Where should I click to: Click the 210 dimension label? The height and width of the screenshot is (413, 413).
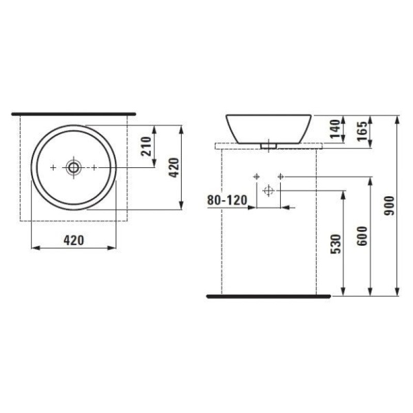click(x=146, y=147)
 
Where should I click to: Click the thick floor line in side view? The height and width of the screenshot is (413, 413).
click(x=268, y=297)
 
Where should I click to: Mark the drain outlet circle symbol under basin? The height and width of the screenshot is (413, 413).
click(x=267, y=190)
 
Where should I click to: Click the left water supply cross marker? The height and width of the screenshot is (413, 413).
click(x=256, y=177)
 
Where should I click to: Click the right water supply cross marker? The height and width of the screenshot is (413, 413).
click(x=280, y=177)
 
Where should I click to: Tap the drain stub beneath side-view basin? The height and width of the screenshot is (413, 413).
click(x=268, y=146)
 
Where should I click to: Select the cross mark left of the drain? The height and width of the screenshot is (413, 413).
click(x=54, y=167)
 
